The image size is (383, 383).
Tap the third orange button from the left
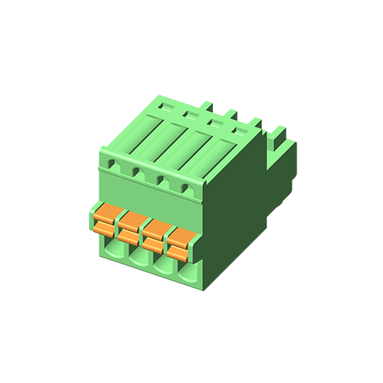(x=153, y=232)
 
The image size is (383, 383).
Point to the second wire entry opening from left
(x=139, y=256)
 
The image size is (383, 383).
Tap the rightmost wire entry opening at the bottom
(x=188, y=273)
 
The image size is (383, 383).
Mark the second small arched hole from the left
(x=138, y=172)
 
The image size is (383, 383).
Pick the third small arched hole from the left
(x=162, y=180)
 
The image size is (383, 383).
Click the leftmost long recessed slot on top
(x=148, y=131)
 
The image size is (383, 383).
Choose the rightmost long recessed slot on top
(x=222, y=156)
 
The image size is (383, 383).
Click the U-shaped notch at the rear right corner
(x=277, y=142)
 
